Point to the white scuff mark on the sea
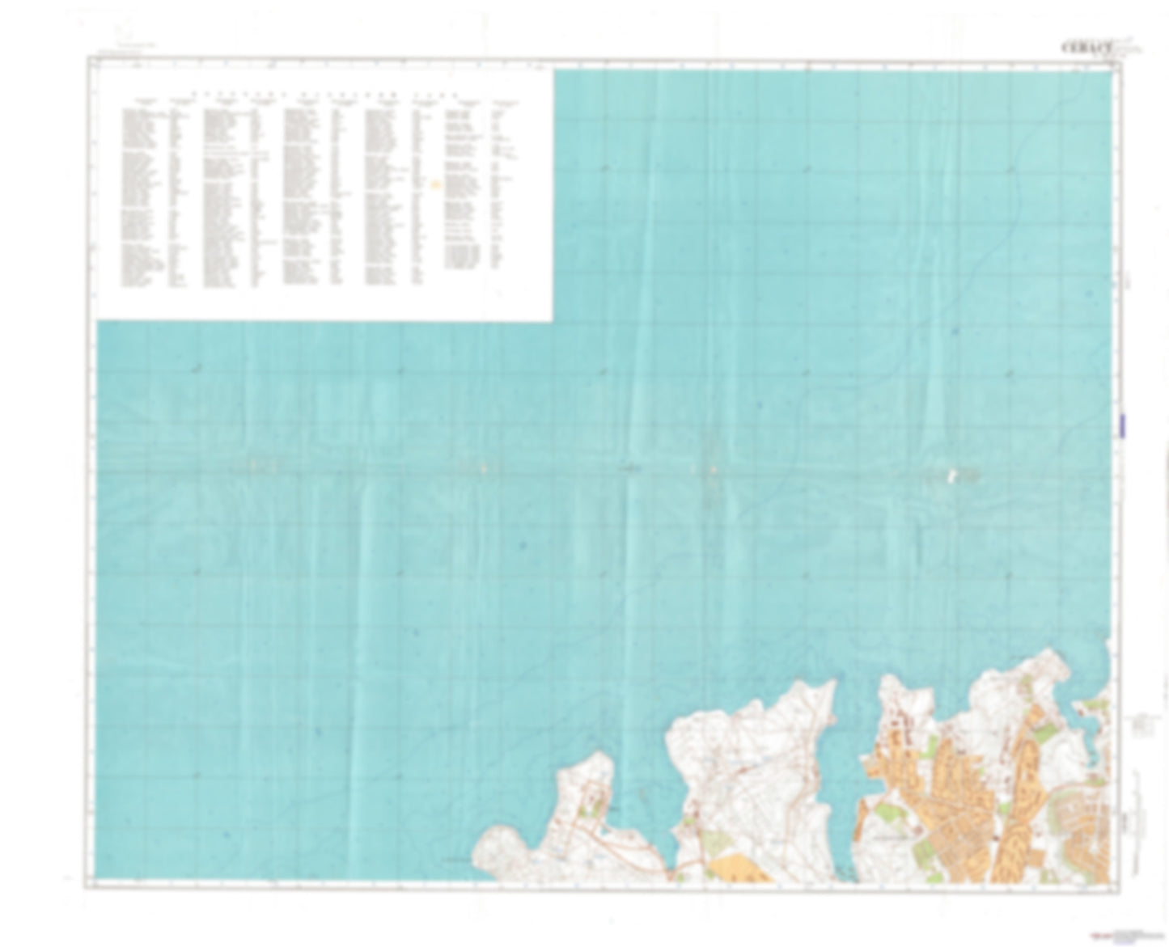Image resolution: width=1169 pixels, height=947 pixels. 953,476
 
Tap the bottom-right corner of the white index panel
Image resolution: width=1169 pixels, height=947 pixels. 552,320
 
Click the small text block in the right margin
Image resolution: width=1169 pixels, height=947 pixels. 1142,725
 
